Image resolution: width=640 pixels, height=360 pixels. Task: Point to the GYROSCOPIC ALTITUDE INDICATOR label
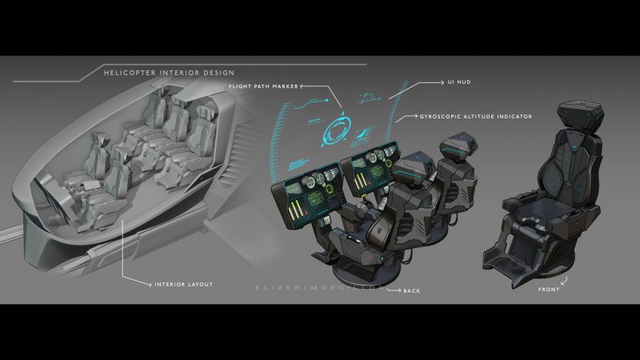pyautogui.click(x=476, y=117)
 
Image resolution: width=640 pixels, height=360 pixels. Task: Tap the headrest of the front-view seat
pyautogui.click(x=560, y=118)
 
